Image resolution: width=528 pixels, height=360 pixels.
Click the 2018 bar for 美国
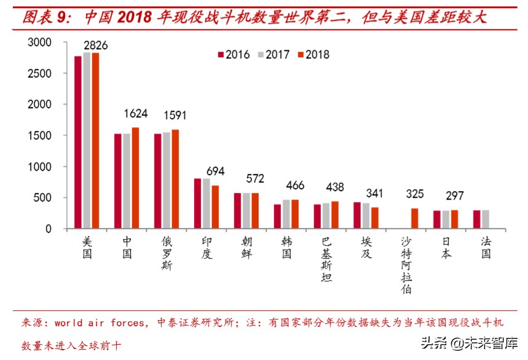95,141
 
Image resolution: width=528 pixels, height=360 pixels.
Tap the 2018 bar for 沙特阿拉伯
415,219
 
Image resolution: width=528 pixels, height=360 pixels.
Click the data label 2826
95,45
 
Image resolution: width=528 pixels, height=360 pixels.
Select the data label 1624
135,114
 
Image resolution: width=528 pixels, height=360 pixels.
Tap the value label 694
216,171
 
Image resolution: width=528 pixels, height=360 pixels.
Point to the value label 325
415,195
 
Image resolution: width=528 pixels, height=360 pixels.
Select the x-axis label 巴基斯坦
326,259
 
